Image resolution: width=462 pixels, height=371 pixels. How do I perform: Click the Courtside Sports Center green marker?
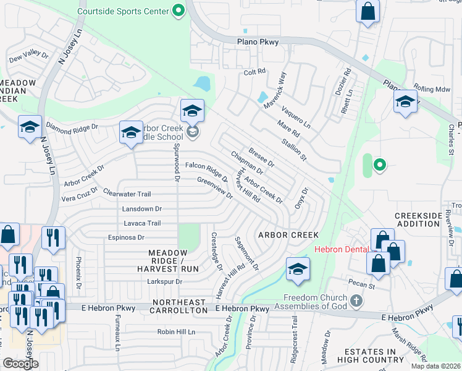(x=178, y=11)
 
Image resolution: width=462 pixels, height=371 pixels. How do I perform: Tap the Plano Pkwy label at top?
(x=258, y=42)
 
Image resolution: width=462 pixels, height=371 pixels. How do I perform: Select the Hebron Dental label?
(x=342, y=249)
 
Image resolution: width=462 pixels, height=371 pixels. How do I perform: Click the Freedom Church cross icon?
(x=355, y=301)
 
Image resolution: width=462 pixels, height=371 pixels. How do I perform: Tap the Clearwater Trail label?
(x=127, y=194)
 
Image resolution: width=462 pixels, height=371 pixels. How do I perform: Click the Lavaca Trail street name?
(x=142, y=223)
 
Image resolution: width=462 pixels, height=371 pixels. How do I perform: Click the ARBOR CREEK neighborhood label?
(x=288, y=235)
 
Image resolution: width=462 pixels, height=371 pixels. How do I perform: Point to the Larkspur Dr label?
(x=161, y=281)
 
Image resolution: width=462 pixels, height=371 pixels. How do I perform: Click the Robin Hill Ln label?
(x=175, y=332)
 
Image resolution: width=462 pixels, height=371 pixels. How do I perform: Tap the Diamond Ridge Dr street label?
(x=72, y=126)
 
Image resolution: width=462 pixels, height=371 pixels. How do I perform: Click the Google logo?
(x=20, y=364)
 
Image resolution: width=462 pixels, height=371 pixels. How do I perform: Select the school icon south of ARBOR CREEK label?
(x=298, y=270)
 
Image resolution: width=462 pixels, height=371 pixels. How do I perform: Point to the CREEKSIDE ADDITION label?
(x=418, y=218)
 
